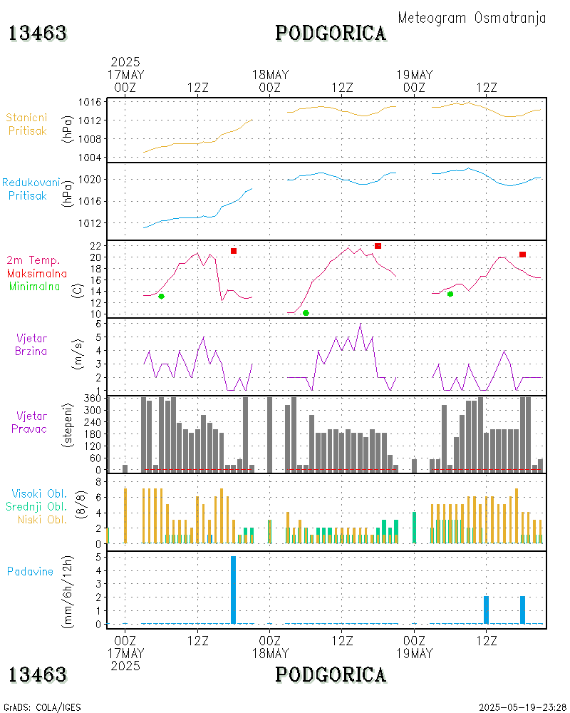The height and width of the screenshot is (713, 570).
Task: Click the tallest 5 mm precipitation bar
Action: pyautogui.click(x=233, y=590)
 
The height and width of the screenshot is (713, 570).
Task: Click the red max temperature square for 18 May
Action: pyautogui.click(x=378, y=246)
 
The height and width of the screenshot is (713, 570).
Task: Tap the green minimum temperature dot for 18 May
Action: pyautogui.click(x=306, y=313)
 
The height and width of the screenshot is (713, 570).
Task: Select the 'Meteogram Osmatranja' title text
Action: pyautogui.click(x=472, y=19)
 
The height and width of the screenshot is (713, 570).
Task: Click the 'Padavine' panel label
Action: pyautogui.click(x=30, y=571)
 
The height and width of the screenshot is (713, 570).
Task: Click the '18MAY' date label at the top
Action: pyautogui.click(x=270, y=75)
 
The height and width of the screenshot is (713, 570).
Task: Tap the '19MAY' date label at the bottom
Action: pyautogui.click(x=414, y=652)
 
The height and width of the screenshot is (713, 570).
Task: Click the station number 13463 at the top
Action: pyautogui.click(x=37, y=34)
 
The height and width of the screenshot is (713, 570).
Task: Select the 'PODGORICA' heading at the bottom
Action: pyautogui.click(x=331, y=674)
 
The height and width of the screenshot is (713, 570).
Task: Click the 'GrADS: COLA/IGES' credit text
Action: pyautogui.click(x=42, y=707)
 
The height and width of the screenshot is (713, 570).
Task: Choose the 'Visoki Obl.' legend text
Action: pyautogui.click(x=39, y=493)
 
